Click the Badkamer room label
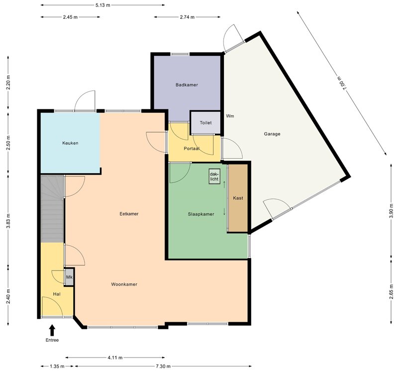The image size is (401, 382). pyautogui.click(x=187, y=85)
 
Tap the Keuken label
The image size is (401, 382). pyautogui.click(x=70, y=143)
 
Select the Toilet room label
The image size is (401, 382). pyautogui.click(x=205, y=123)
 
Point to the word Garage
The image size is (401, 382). pyautogui.click(x=272, y=134)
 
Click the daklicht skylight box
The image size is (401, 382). pyautogui.click(x=214, y=177)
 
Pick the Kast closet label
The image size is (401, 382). pyautogui.click(x=238, y=198)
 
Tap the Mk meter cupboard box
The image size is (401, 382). pyautogui.click(x=69, y=277)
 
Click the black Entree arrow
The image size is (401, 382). pyautogui.click(x=52, y=330)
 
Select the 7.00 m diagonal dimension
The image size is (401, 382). pyautogui.click(x=342, y=83)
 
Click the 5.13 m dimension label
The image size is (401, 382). pyautogui.click(x=103, y=5)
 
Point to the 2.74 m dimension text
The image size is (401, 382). pyautogui.click(x=187, y=17)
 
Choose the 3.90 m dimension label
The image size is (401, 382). pyautogui.click(x=391, y=211)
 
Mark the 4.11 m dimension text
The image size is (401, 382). pyautogui.click(x=115, y=358)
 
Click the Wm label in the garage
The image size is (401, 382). pyautogui.click(x=230, y=116)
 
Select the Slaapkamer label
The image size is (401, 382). pyautogui.click(x=201, y=214)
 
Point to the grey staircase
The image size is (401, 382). pyautogui.click(x=52, y=208)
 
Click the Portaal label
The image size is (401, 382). pyautogui.click(x=192, y=149)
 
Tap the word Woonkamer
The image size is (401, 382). pyautogui.click(x=124, y=285)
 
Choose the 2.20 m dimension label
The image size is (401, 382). pyautogui.click(x=8, y=83)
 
